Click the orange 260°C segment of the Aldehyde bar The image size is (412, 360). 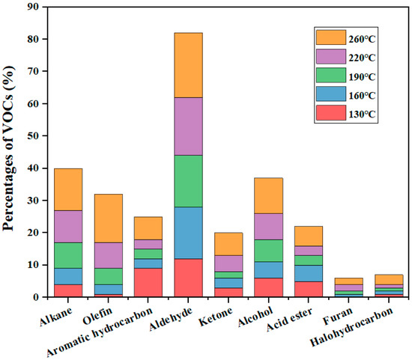[178, 65]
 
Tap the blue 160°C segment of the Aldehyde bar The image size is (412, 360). [178, 233]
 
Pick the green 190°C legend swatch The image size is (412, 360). [330, 76]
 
